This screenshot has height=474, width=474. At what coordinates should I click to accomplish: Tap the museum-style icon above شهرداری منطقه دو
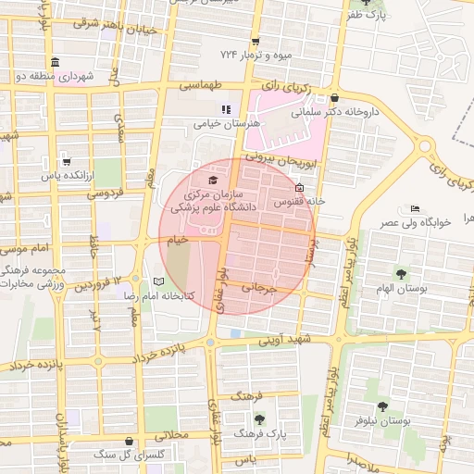56,62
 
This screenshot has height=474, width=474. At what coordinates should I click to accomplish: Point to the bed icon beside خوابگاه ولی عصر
414,209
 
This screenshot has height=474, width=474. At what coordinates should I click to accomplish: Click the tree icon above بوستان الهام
401,274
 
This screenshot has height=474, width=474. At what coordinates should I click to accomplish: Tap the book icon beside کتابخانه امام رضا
158,281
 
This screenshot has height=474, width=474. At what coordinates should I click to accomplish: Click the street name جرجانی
259,288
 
